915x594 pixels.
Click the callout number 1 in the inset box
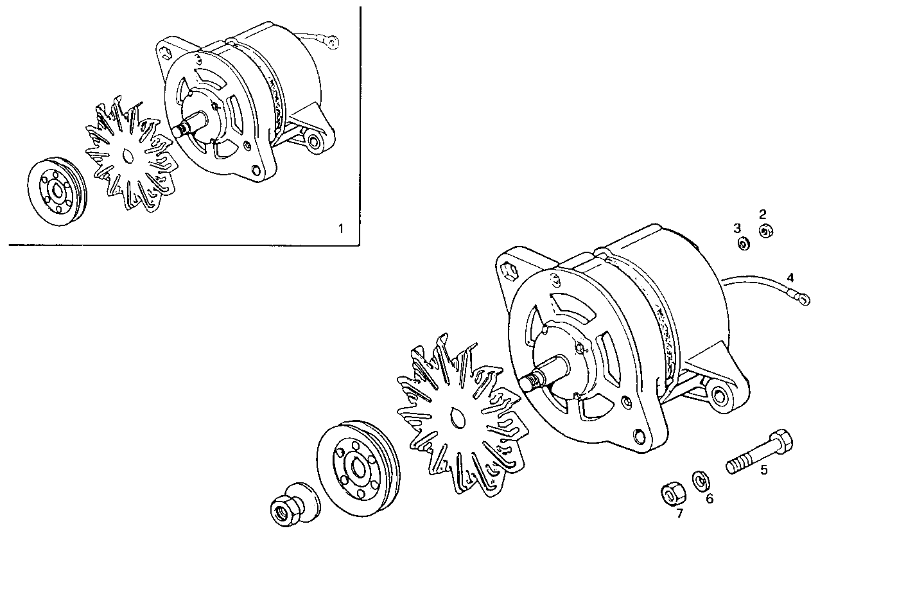pyautogui.click(x=341, y=228)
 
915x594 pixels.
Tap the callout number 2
pyautogui.click(x=763, y=214)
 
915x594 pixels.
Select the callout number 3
pyautogui.click(x=738, y=228)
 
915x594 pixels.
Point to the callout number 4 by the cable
pyautogui.click(x=790, y=277)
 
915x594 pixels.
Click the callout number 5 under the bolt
pyautogui.click(x=764, y=469)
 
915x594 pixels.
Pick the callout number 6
pyautogui.click(x=710, y=498)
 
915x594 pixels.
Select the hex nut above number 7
pyautogui.click(x=671, y=493)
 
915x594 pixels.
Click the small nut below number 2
pyautogui.click(x=765, y=231)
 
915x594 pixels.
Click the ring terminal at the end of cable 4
pyautogui.click(x=803, y=298)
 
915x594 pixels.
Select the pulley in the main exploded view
pyautogui.click(x=357, y=469)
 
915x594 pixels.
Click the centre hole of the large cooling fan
pyautogui.click(x=458, y=419)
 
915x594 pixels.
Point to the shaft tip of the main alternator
pyautogui.click(x=530, y=383)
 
